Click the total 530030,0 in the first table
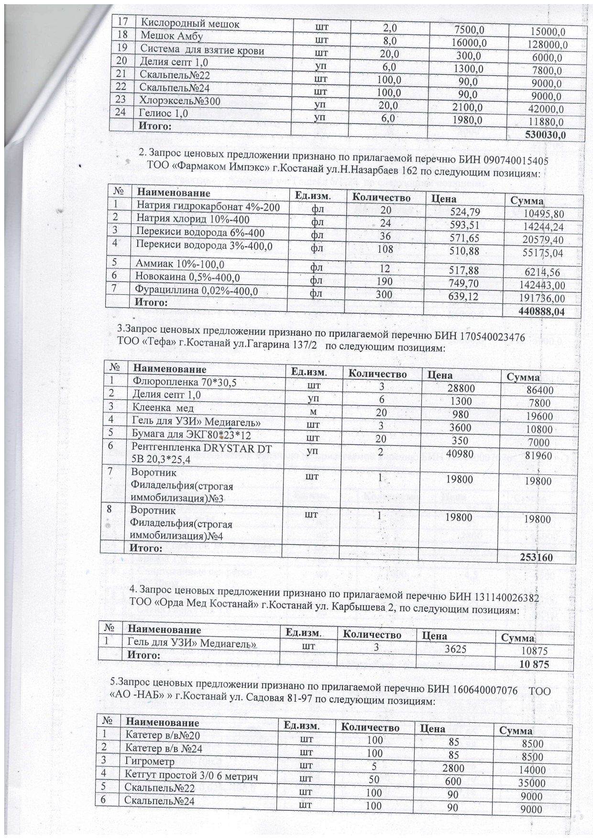[x=545, y=135]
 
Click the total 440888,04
[x=541, y=312]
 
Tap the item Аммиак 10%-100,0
[x=180, y=264]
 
